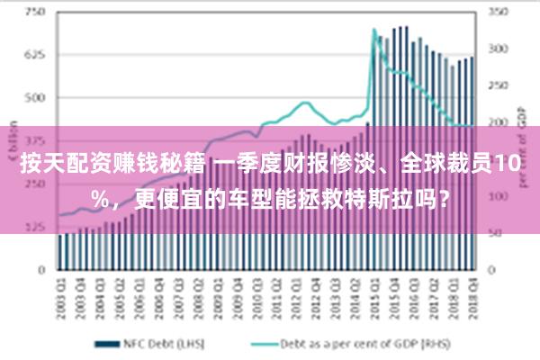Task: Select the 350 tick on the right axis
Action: pos(498,12)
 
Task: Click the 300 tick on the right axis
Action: pos(498,49)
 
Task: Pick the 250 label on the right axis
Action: pos(498,85)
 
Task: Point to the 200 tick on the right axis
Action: pos(498,121)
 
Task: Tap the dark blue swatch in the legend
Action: pos(108,343)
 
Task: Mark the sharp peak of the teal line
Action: pos(373,30)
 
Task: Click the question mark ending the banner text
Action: pos(447,196)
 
